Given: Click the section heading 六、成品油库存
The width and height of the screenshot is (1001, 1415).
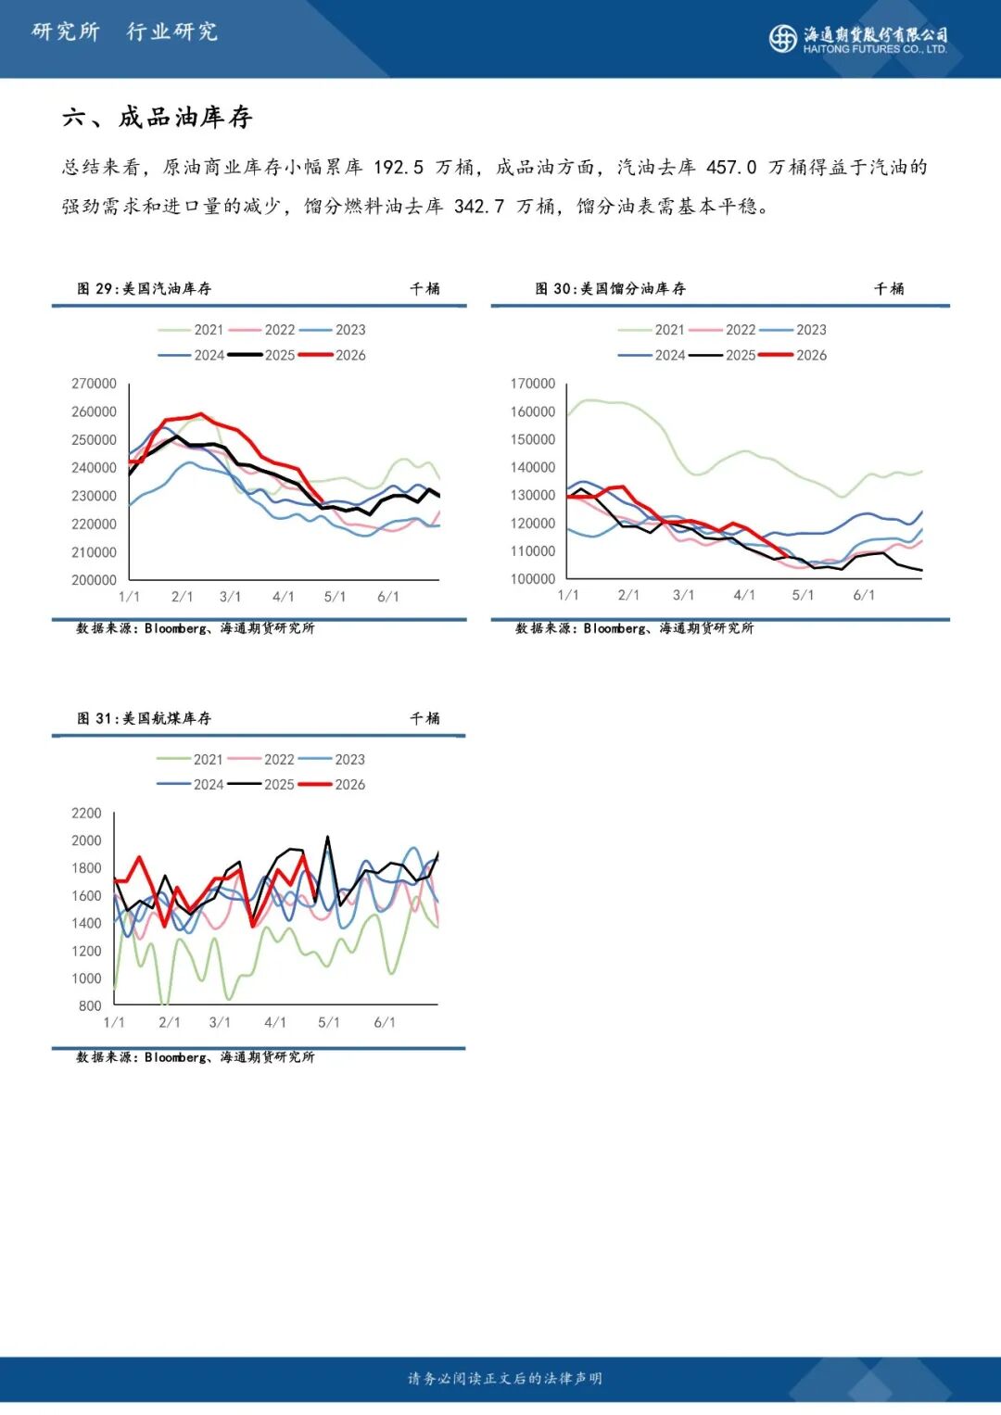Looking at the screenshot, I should click(x=158, y=118).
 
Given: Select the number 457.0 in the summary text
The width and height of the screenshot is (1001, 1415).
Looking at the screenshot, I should click(x=731, y=168).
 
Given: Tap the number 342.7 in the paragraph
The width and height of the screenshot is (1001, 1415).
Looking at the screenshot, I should click(x=479, y=207).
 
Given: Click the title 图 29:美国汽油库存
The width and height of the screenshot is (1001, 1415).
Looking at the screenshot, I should click(x=145, y=289).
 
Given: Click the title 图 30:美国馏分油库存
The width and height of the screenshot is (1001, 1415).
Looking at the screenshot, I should click(x=610, y=289).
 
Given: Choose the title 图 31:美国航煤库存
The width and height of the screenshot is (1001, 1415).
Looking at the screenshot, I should click(x=145, y=718).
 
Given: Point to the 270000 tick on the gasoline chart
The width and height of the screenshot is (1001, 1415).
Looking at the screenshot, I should click(x=94, y=384).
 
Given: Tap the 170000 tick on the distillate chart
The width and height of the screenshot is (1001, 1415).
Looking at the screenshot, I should click(x=533, y=384).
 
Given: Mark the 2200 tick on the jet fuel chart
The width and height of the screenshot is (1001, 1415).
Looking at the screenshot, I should click(x=86, y=814).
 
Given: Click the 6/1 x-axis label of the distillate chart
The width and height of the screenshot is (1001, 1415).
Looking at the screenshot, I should click(x=864, y=595).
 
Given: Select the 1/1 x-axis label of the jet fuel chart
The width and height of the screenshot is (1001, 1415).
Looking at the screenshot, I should click(x=114, y=1022).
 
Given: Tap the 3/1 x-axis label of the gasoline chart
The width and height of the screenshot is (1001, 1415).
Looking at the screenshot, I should click(x=231, y=597).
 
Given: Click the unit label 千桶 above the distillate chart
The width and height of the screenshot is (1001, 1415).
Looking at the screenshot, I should click(x=889, y=289).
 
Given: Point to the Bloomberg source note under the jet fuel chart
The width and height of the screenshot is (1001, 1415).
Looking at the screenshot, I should click(x=196, y=1057).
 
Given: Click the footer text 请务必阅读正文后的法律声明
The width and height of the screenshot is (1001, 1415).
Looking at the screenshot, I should click(x=505, y=1379).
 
